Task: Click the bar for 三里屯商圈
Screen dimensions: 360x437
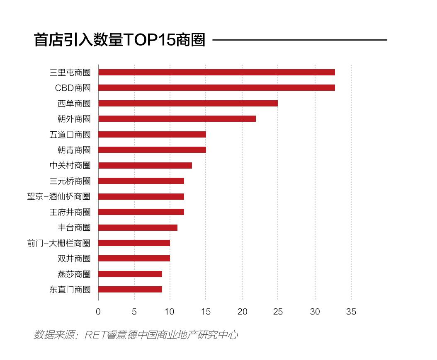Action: (216, 72)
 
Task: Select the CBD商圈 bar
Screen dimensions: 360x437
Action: (216, 88)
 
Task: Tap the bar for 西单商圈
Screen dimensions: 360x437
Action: (188, 103)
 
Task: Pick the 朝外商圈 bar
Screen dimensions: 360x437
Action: (177, 119)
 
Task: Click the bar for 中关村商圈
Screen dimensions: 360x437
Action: (145, 165)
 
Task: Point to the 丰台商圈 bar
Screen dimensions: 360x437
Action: (138, 227)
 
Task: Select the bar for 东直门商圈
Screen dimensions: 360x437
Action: (130, 290)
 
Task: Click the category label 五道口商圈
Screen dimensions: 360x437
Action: (70, 134)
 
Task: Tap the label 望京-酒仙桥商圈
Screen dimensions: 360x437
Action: (59, 196)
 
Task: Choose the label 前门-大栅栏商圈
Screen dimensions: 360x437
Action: (59, 243)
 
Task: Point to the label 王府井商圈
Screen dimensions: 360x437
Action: (70, 212)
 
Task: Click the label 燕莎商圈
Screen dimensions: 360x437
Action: (74, 274)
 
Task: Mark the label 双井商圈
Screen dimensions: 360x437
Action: (74, 259)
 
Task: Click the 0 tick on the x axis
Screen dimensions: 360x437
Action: (98, 312)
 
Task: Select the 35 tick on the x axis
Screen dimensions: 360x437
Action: (351, 312)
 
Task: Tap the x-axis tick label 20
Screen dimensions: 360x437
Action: (243, 312)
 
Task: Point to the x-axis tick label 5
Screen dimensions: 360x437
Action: (134, 312)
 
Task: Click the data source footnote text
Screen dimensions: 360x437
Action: (136, 335)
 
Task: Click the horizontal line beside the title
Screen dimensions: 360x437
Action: (299, 40)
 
